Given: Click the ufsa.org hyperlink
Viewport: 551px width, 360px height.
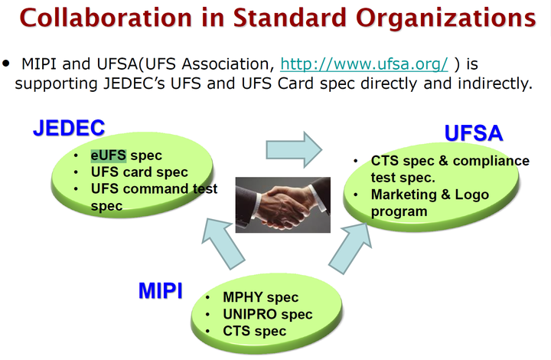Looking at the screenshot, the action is [364, 64].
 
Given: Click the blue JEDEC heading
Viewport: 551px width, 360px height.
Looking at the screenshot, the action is [69, 128].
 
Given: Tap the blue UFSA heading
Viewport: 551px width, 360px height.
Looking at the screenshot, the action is [474, 133].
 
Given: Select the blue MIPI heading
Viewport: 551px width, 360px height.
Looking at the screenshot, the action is [161, 291].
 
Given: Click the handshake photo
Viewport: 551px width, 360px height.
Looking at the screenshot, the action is [283, 205].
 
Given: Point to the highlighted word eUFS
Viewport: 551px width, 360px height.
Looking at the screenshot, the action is [108, 155].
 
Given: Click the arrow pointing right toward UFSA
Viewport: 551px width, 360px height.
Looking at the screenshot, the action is [294, 150].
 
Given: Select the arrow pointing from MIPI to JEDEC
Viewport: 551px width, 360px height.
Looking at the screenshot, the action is [223, 244].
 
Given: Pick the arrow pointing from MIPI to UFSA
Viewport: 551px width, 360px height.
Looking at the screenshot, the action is [350, 248].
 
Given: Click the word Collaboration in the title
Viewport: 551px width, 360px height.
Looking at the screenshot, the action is [106, 18].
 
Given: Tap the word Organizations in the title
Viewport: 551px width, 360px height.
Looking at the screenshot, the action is [446, 18].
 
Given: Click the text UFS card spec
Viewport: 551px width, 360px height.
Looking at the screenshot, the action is [139, 172].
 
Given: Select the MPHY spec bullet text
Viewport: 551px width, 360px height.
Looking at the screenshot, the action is [260, 297].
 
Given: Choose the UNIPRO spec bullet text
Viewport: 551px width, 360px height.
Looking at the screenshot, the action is [267, 314].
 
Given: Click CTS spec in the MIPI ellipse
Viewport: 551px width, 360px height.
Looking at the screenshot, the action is [254, 331].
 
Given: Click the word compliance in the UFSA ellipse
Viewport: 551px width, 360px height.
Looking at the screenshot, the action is [491, 161].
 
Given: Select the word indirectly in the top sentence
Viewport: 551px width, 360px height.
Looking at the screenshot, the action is [495, 83].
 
